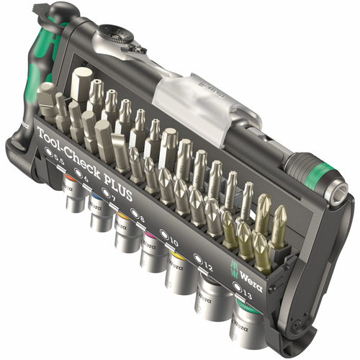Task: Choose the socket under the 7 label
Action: point(125,231)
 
